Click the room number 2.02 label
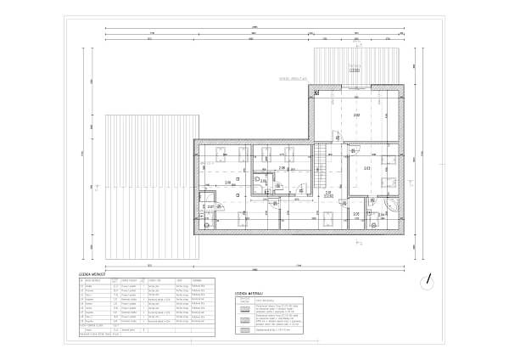[x=356, y=114]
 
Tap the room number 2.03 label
[x=366, y=168]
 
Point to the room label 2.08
[x=282, y=168]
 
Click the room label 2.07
[x=210, y=206]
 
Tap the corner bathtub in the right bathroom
[x=392, y=205]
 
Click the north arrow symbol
[x=430, y=278]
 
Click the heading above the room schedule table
[x=92, y=274]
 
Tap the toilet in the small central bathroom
[x=255, y=179]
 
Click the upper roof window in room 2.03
[x=390, y=160]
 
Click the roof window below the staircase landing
[x=327, y=218]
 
